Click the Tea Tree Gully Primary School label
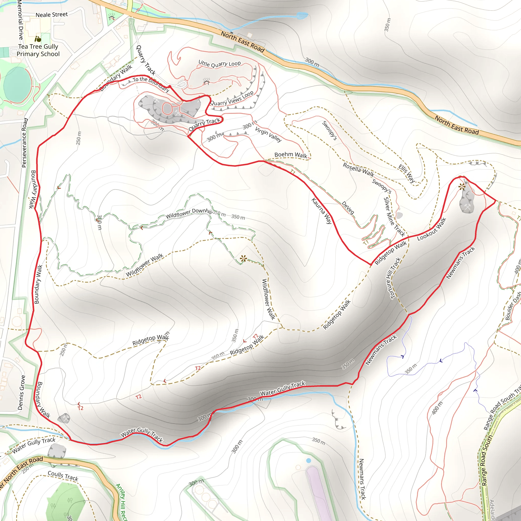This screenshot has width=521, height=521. click(38, 50)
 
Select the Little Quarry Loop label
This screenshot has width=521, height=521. click(220, 64)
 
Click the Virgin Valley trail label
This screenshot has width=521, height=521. click(268, 134)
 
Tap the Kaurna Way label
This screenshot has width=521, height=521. click(322, 211)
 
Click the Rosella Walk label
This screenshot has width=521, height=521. click(358, 169)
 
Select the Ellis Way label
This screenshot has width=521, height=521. click(407, 174)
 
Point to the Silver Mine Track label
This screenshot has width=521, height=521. click(394, 217)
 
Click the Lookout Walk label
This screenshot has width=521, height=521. click(431, 229)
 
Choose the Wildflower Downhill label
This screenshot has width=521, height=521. click(189, 213)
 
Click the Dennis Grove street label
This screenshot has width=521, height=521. click(22, 393)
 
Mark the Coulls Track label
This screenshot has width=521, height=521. click(63, 476)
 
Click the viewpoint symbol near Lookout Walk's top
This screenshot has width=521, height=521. click(462, 186)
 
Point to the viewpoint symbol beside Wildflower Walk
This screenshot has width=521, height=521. click(243, 259)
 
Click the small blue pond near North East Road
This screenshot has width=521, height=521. click(302, 16)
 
